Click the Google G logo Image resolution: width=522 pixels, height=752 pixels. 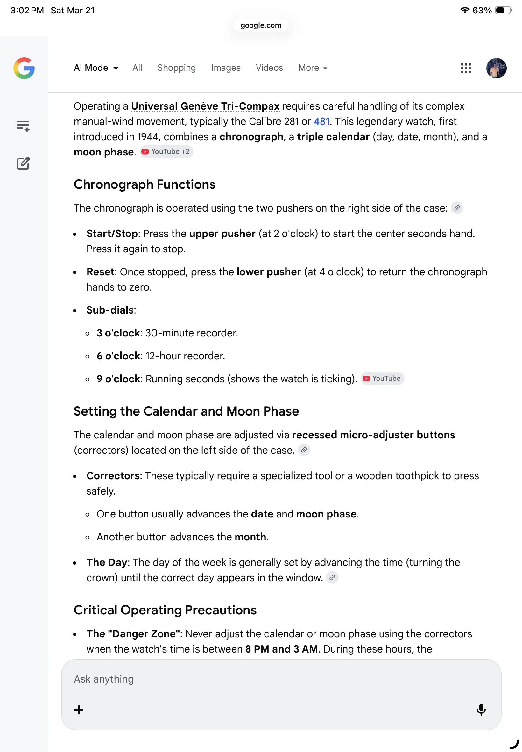click(24, 68)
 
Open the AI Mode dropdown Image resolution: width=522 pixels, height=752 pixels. click(96, 68)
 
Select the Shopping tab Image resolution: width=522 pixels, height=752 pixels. click(177, 68)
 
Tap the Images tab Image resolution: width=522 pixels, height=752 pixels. click(226, 68)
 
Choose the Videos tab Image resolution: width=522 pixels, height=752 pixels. click(269, 68)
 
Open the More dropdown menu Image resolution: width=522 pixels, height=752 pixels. click(313, 68)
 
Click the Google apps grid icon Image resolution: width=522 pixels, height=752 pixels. click(466, 68)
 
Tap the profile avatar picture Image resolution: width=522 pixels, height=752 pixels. click(496, 68)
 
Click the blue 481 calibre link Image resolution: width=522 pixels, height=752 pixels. click(321, 121)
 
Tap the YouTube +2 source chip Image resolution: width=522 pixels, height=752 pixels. click(166, 152)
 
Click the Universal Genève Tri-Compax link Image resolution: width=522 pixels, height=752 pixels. click(205, 106)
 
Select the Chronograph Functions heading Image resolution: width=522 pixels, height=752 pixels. click(144, 184)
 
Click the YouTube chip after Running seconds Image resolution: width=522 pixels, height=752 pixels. click(382, 379)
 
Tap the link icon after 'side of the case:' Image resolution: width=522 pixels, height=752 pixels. click(457, 208)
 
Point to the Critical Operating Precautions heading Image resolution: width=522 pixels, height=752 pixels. click(165, 610)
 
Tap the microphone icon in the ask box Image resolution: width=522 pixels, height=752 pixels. click(481, 709)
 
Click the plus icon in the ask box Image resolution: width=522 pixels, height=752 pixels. click(79, 710)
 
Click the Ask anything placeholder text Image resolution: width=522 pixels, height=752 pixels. click(104, 679)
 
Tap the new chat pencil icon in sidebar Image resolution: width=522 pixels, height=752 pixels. click(23, 163)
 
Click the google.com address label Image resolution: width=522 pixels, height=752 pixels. click(261, 25)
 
